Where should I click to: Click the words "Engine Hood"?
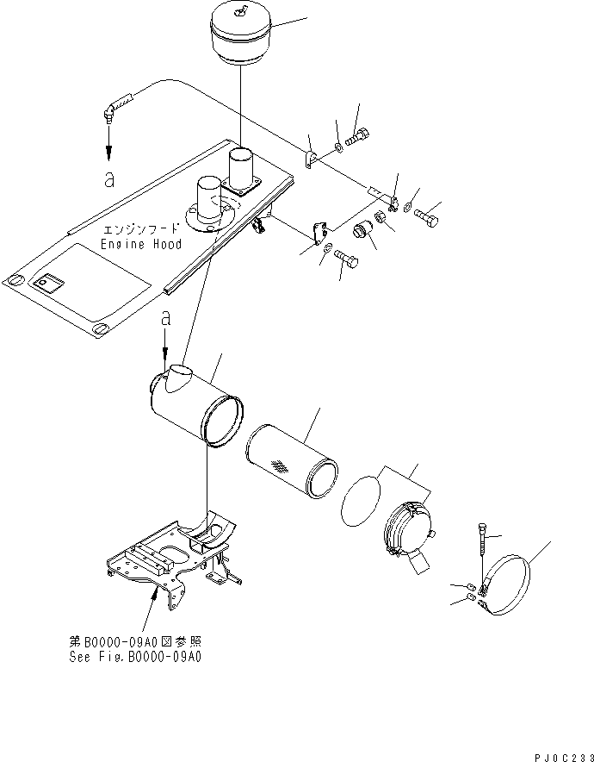141,245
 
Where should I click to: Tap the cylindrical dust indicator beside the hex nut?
364,234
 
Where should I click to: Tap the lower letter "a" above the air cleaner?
167,318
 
